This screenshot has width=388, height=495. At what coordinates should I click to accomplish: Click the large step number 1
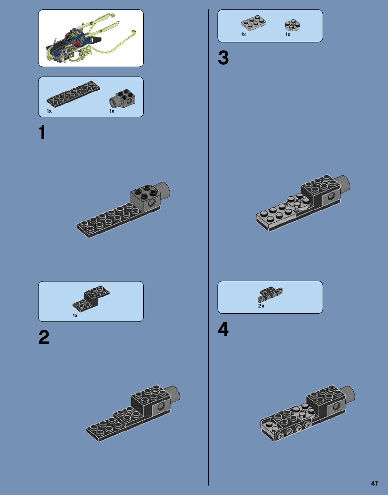(x=42, y=133)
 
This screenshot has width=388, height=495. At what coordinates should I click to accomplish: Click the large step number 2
(x=44, y=337)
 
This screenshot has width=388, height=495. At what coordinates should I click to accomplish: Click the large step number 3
(x=223, y=58)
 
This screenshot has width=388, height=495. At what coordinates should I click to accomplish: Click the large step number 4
(x=223, y=329)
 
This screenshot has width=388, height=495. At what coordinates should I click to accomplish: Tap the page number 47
(x=375, y=483)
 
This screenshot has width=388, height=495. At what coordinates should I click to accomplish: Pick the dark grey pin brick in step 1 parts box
(x=123, y=98)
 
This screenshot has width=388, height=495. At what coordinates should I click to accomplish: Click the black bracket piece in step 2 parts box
(x=91, y=298)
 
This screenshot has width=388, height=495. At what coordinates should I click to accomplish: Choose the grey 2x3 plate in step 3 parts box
(x=253, y=23)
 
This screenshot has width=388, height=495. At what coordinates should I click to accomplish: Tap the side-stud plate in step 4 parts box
(x=270, y=294)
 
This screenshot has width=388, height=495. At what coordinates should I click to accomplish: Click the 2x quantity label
(x=261, y=306)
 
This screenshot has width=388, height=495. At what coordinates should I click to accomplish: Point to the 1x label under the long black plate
(x=49, y=111)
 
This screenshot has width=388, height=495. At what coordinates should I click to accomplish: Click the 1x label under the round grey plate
(x=288, y=34)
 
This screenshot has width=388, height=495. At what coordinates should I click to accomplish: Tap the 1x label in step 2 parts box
(x=75, y=316)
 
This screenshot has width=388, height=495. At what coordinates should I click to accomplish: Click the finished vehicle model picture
(x=90, y=38)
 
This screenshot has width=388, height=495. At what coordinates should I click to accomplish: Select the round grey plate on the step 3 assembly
(x=298, y=203)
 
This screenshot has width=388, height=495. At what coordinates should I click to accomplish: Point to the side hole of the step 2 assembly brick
(x=161, y=406)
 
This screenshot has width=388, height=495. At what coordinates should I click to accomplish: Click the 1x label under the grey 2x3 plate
(x=243, y=34)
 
